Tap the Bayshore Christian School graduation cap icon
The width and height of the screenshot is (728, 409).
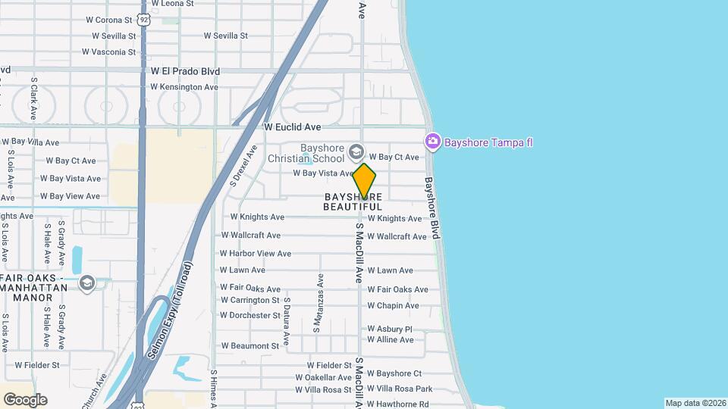point(355,153)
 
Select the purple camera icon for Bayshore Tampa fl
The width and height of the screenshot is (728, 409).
point(433,141)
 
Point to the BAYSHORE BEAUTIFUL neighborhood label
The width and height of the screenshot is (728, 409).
point(353,201)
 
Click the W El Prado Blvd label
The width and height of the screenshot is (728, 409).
point(185,71)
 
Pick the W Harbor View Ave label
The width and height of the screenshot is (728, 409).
point(256,254)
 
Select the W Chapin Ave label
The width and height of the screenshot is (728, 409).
point(393,306)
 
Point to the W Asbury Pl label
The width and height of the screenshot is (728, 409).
point(390,329)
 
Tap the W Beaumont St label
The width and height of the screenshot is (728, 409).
point(250,346)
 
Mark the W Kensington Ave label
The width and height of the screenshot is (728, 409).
point(184,87)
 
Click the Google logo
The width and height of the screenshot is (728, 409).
point(25,400)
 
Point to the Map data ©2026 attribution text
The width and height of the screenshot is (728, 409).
point(695,403)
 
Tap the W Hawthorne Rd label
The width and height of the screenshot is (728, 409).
point(398,404)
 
